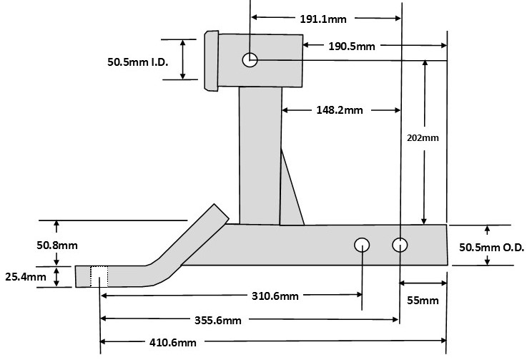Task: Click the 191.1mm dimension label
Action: [x=318, y=19]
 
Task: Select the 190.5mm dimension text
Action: [x=351, y=47]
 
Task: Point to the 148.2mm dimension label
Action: [x=340, y=110]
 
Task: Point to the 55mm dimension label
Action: [x=422, y=301]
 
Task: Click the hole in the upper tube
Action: [x=250, y=60]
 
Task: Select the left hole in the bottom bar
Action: [x=363, y=245]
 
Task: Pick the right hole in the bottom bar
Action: [x=400, y=245]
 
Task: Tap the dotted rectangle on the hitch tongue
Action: [x=99, y=276]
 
